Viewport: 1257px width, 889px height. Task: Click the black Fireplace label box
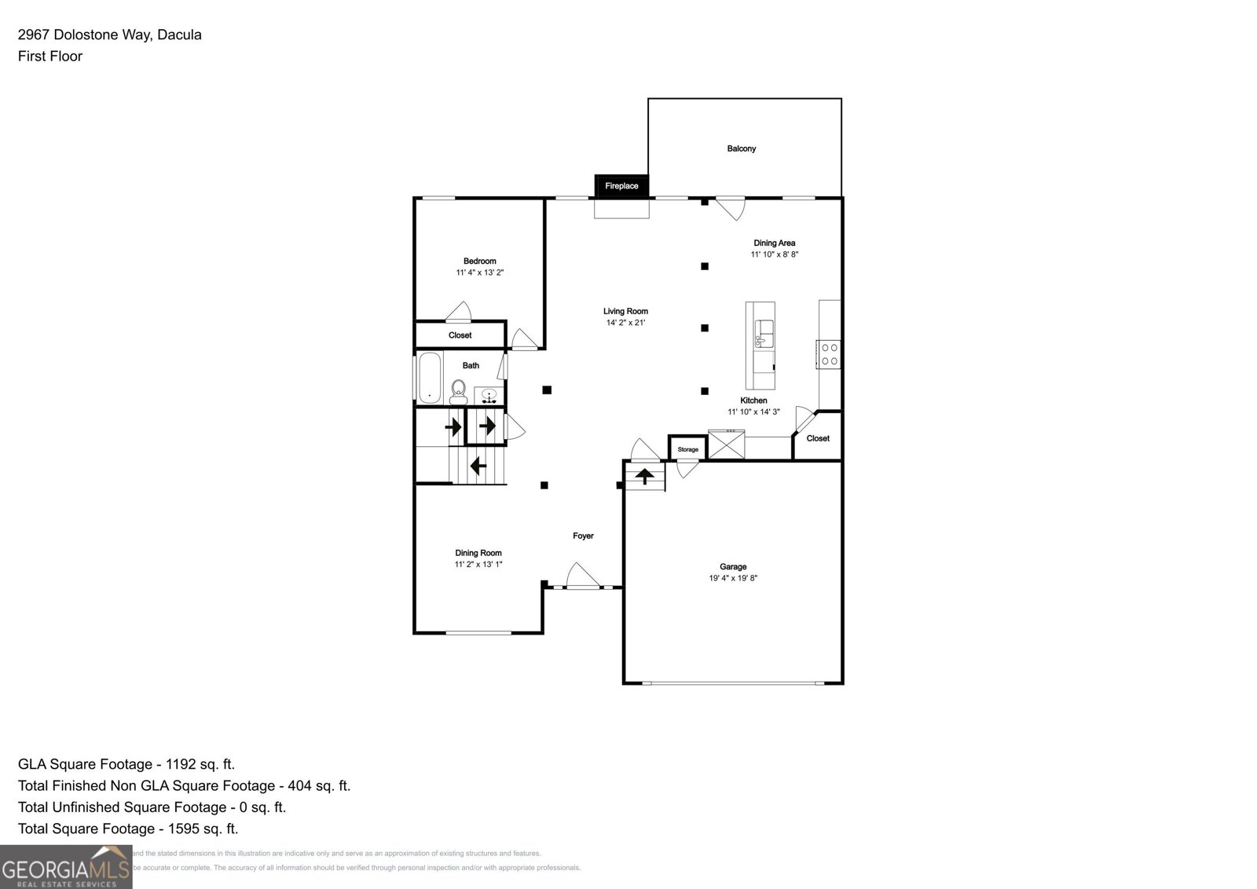[x=621, y=186]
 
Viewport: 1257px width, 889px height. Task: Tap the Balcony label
[x=741, y=148]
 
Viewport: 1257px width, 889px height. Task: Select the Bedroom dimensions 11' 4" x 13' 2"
[x=479, y=273]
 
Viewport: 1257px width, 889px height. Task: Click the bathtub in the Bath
[x=429, y=379]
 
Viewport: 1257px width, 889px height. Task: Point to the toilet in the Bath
[x=459, y=390]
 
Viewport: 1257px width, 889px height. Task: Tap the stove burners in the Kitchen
[x=829, y=354]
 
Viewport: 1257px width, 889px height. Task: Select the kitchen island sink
[x=764, y=334]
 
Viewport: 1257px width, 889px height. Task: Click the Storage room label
[x=687, y=449]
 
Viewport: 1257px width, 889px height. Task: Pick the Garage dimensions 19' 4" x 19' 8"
[x=733, y=578]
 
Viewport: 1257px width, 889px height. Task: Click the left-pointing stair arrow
[x=477, y=466]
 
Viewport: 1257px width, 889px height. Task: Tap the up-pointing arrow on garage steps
[x=644, y=475]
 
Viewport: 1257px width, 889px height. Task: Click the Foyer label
[x=583, y=536]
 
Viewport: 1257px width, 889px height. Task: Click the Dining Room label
[x=478, y=553]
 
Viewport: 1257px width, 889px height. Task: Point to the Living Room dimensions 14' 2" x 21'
[x=625, y=323]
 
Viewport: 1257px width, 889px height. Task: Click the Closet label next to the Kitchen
[x=818, y=438]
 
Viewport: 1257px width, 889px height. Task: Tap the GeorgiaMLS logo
[x=66, y=867]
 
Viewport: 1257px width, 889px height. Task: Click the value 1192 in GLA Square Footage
[x=179, y=764]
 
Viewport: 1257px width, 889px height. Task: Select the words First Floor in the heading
[x=50, y=56]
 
